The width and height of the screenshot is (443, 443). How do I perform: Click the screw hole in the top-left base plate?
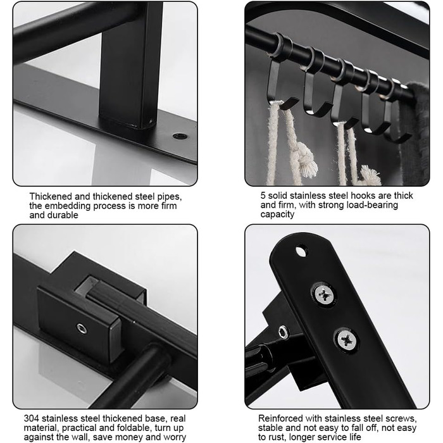point(180,136)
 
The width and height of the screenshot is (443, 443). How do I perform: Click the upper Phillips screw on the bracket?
point(324,296)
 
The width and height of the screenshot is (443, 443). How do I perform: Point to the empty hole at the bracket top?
point(301,251)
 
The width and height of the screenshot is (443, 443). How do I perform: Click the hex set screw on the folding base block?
point(82,328)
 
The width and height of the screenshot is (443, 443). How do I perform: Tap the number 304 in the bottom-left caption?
point(31,418)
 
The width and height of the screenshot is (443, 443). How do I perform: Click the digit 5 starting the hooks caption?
point(263,196)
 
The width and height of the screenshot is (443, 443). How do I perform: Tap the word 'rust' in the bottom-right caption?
point(278,437)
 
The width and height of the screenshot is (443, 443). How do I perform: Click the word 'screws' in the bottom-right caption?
point(399,418)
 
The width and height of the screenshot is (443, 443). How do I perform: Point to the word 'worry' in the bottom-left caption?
point(174,437)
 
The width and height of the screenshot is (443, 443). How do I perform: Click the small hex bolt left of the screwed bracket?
point(283,332)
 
